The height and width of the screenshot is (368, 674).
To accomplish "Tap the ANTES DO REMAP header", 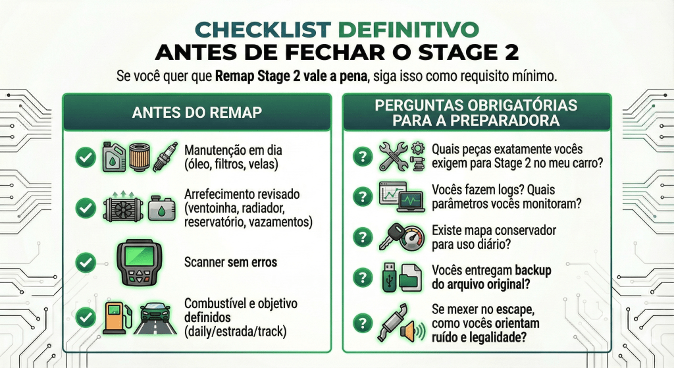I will click(x=197, y=113).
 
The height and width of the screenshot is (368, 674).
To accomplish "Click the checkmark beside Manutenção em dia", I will click(x=85, y=156).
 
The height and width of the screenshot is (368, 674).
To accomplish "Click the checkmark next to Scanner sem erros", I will click(x=85, y=263).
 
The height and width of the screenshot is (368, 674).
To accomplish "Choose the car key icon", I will click(x=388, y=236).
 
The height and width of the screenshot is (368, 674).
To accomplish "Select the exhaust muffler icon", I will click(x=394, y=323).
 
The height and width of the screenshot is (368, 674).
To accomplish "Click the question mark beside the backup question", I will click(x=362, y=276).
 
